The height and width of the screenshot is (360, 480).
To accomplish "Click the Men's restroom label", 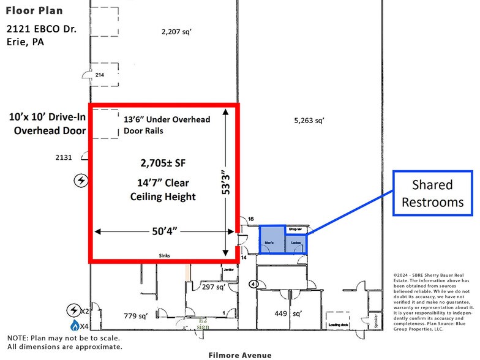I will point(269,242).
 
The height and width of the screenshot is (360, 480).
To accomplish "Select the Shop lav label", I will point(295,229).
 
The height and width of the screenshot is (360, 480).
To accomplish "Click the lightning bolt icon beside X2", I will point(75,310).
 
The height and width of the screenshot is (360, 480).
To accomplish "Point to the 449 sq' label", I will point(288,314).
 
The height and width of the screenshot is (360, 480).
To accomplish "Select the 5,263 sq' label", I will point(308,121).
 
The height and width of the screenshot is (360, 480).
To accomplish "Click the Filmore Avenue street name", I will point(239,354).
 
